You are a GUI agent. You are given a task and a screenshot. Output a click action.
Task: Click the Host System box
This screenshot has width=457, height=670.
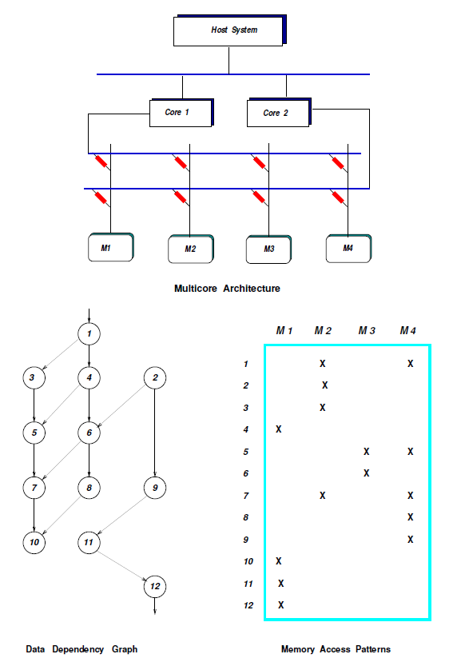pos(228,30)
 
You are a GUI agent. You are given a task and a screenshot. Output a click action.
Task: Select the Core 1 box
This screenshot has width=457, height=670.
pos(180,113)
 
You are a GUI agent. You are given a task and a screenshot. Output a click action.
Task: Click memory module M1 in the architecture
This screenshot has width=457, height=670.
pos(109,248)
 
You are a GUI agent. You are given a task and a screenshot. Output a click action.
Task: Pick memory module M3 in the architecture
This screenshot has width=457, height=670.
pos(269,249)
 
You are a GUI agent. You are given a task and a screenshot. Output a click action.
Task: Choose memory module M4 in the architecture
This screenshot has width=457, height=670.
pos(348,248)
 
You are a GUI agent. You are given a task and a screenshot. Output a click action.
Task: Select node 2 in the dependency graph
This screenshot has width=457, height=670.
pos(154,377)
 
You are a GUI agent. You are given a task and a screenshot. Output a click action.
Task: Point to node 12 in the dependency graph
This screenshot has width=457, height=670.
pos(154,586)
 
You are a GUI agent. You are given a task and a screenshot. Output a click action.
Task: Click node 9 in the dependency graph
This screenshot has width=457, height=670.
pos(154,486)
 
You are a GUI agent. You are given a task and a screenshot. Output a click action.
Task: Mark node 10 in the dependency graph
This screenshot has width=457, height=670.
pos(34,542)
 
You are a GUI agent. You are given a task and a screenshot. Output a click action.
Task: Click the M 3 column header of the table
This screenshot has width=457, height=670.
pos(367,330)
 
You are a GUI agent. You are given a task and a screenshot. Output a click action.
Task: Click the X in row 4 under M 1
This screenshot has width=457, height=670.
pos(278,429)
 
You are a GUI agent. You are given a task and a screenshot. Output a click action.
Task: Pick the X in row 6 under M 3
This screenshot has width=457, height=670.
pos(366,473)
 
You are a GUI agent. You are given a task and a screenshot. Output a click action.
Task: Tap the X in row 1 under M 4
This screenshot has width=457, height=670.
pos(410,364)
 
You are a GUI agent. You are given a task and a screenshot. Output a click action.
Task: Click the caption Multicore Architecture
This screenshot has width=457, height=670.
pos(227,289)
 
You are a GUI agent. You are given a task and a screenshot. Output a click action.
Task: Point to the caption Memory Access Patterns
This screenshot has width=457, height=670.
pos(336,649)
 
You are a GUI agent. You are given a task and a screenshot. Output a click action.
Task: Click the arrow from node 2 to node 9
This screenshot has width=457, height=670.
pos(154,432)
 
